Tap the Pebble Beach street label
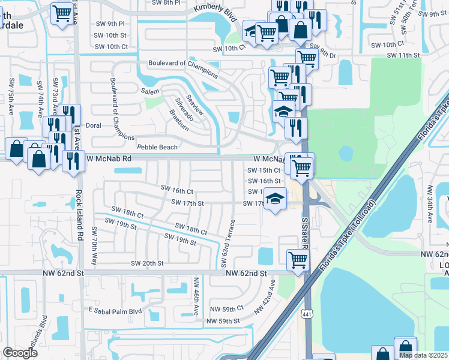point(157,147)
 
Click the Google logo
point(20,353)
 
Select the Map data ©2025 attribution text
point(423,355)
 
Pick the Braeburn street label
point(179,119)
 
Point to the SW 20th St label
point(146,263)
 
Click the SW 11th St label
point(403,55)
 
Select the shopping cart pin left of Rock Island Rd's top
point(62,13)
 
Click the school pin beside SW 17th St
point(275,199)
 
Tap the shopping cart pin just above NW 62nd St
point(297,260)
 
